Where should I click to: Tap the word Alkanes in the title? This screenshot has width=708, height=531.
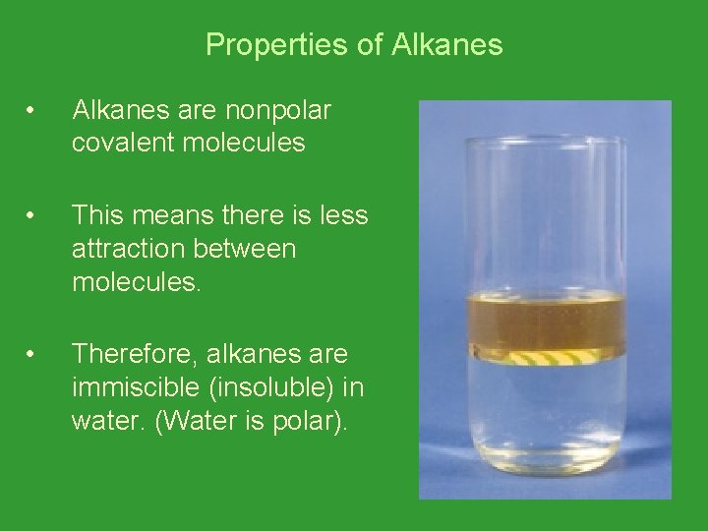point(447,45)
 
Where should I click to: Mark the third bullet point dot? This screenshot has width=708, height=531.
point(33,354)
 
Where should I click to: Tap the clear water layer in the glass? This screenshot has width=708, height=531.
point(546,413)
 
